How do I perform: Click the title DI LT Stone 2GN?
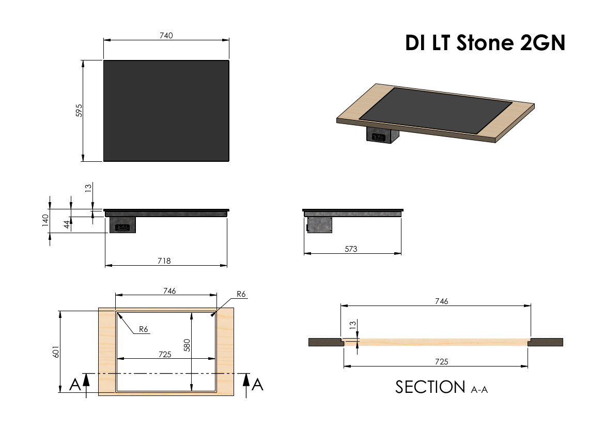(x=485, y=42)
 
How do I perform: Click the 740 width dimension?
(x=166, y=36)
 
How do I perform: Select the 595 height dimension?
(x=79, y=111)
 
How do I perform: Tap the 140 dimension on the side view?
(x=45, y=220)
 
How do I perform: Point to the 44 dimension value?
(x=67, y=224)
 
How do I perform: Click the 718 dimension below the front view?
(x=164, y=261)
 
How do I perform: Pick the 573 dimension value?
(x=351, y=249)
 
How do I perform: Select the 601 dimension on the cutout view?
(x=56, y=352)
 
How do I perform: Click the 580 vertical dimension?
(x=187, y=345)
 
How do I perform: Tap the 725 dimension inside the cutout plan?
(x=165, y=355)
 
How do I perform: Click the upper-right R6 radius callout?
(x=241, y=294)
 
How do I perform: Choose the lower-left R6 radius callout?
(x=143, y=329)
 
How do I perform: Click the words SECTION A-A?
(x=441, y=387)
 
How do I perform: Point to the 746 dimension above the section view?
(x=441, y=301)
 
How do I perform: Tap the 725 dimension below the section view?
(x=441, y=361)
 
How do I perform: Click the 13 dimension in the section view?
(x=352, y=325)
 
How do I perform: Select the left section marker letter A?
(x=75, y=385)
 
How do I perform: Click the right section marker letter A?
(x=257, y=385)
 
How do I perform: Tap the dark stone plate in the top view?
(x=166, y=111)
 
